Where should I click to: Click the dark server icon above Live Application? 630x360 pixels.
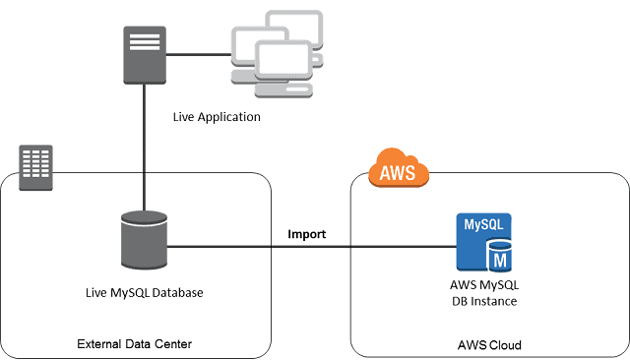[x=144, y=55]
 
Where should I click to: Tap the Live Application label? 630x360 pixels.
[x=216, y=117]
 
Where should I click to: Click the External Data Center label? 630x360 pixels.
[x=134, y=343]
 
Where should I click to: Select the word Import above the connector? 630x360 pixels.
[x=306, y=234]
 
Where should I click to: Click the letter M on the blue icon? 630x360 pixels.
[x=499, y=259]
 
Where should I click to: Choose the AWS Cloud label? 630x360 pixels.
[x=489, y=345]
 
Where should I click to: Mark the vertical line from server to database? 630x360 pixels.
[x=144, y=148]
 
